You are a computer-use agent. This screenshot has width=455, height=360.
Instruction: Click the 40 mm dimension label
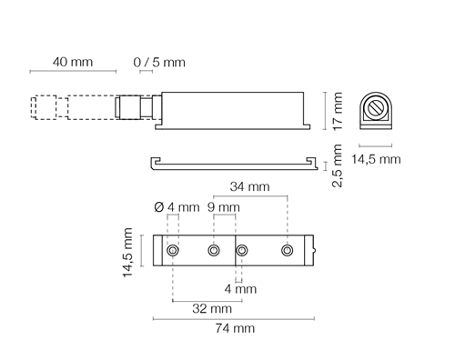tap(73, 62)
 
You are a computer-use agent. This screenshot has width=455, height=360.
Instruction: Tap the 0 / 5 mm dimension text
tap(159, 62)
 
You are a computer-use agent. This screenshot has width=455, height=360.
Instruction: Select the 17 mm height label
tap(338, 111)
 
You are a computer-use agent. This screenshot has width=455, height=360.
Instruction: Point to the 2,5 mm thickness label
tap(338, 165)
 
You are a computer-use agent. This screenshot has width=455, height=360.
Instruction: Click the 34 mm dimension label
tap(249, 186)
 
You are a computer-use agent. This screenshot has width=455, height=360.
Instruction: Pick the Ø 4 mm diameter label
tap(177, 207)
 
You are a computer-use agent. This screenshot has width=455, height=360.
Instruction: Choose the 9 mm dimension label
tap(224, 207)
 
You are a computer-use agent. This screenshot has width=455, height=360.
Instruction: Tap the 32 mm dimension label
tap(212, 308)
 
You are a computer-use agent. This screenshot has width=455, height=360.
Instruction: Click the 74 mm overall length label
tap(235, 328)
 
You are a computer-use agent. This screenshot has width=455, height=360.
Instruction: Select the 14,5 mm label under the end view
tap(376, 159)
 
